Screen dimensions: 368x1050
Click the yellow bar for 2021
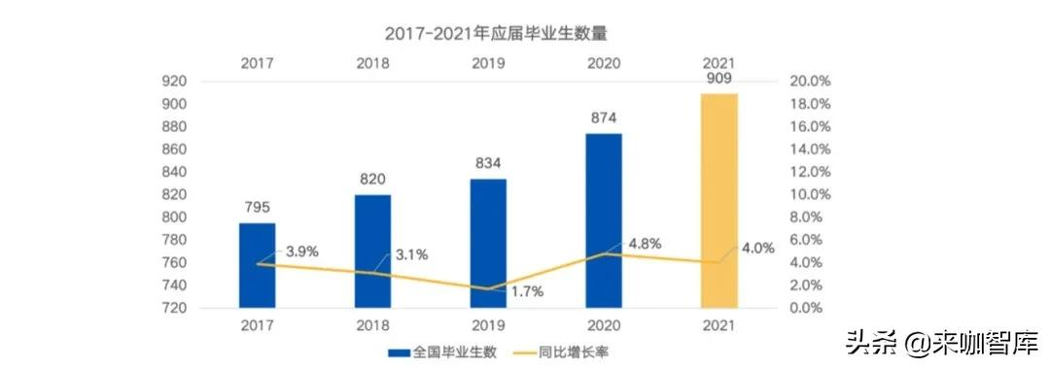[719, 200]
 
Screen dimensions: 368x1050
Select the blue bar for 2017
[258, 265]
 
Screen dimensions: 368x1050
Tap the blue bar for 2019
[489, 243]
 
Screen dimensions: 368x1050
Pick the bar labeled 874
[604, 220]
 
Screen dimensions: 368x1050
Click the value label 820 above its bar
[373, 179]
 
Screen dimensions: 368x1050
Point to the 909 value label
[719, 79]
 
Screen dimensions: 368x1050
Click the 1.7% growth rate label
[526, 291]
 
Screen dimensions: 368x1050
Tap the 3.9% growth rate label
[301, 251]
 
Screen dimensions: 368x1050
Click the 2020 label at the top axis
[604, 62]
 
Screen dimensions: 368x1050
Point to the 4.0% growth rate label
[757, 248]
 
